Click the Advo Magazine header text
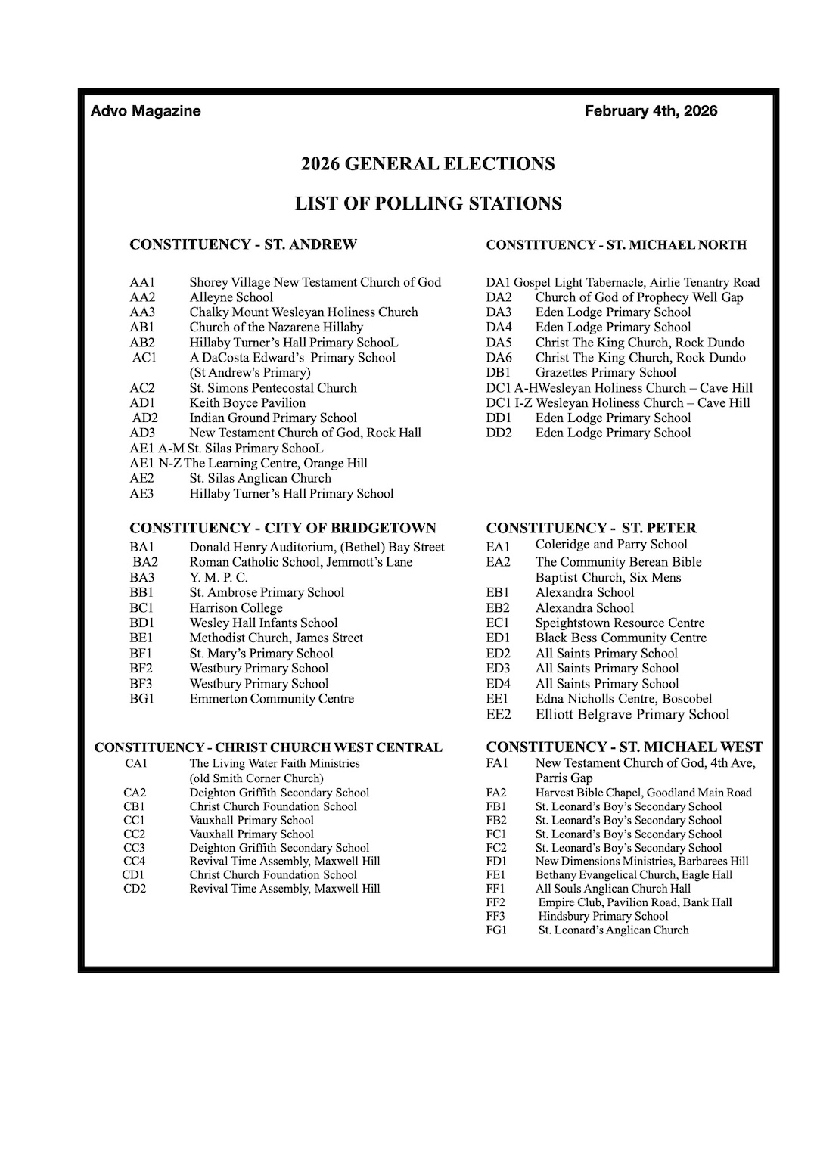[145, 111]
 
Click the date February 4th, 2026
[651, 111]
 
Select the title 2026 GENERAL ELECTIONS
[427, 164]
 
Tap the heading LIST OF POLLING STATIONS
[427, 203]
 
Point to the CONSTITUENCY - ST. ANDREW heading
[243, 244]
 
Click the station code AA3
[142, 312]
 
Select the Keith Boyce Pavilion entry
[247, 403]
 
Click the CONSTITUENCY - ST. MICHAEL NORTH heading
[616, 245]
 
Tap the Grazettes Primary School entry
[605, 373]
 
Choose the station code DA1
[498, 283]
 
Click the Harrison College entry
[236, 608]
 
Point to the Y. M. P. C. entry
[219, 578]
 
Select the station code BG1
[141, 699]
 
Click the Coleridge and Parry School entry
[611, 545]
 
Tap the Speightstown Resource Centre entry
[620, 623]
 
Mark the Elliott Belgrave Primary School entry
[632, 715]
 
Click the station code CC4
[135, 862]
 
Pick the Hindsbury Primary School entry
[603, 917]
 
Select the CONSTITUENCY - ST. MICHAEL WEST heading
[624, 747]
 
